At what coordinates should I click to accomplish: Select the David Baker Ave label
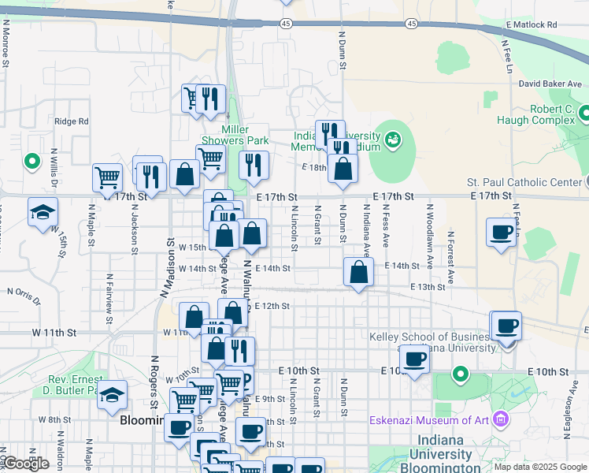[550, 84]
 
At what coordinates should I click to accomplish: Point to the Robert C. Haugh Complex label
[535, 114]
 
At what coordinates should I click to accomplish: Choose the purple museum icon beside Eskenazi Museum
[500, 419]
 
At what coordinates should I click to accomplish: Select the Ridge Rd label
[72, 121]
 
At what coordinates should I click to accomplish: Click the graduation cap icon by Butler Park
[113, 395]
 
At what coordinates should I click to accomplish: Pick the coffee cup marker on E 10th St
[414, 359]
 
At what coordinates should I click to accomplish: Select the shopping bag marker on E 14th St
[358, 273]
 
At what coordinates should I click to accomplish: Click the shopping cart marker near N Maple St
[107, 178]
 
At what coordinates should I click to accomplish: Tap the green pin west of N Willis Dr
[32, 162]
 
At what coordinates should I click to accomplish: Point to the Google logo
[25, 464]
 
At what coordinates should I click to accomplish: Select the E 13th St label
[432, 287]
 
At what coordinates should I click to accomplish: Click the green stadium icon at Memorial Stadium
[392, 140]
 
